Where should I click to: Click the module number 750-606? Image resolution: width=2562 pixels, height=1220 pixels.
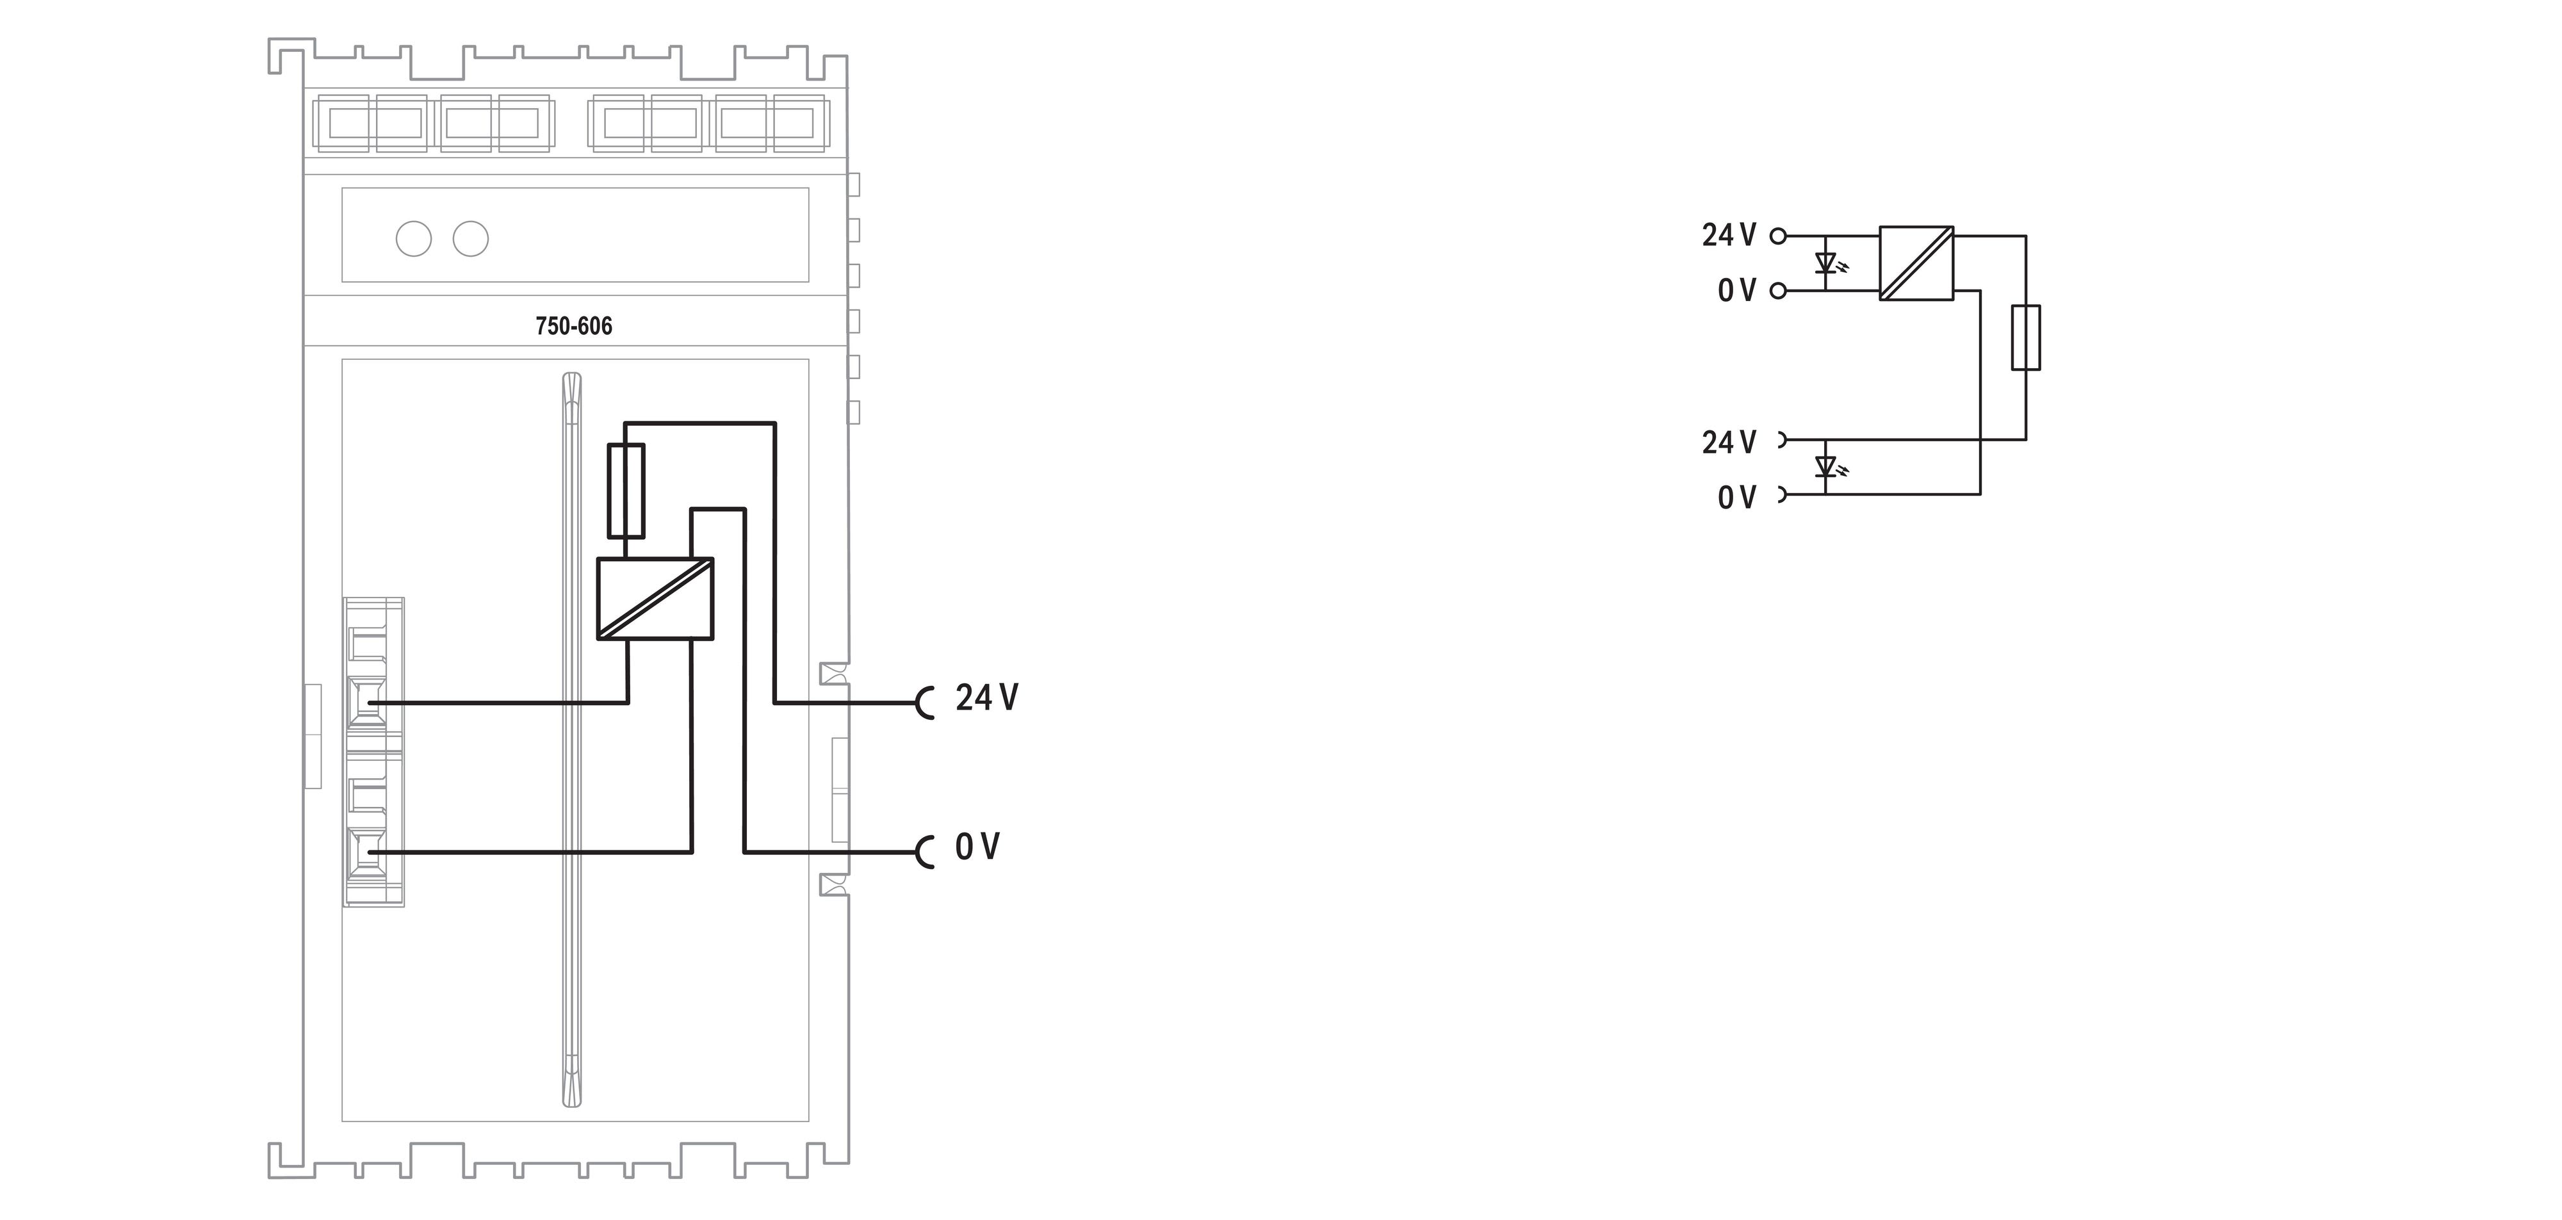pos(574,326)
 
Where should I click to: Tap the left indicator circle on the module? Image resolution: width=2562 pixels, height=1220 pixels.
pos(414,239)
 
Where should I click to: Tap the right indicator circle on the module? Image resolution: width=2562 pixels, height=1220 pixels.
pos(470,239)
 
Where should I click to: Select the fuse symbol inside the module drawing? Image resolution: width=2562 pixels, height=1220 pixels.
pos(626,491)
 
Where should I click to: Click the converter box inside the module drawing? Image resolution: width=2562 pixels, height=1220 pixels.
pos(655,598)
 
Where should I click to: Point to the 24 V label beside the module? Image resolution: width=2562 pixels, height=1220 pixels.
pos(986,698)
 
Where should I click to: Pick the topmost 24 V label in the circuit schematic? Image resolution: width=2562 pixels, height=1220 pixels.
pos(1729,236)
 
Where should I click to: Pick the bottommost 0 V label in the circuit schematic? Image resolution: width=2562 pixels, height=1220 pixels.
pos(1738,497)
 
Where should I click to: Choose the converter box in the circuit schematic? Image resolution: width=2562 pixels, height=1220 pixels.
pos(1916,263)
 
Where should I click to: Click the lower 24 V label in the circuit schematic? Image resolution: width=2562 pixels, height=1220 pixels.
pos(1729,443)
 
